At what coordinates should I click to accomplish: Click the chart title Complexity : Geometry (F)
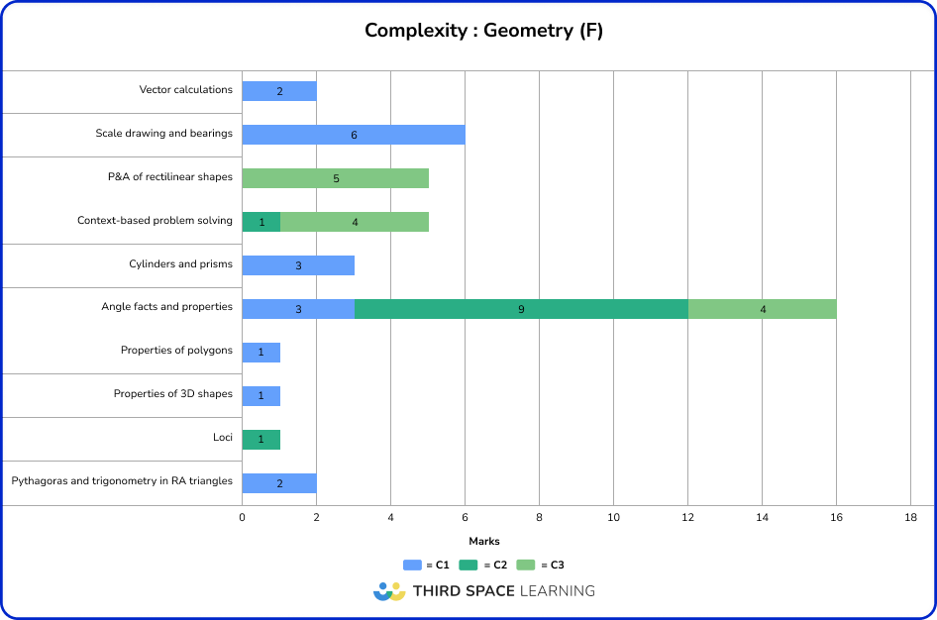(x=483, y=31)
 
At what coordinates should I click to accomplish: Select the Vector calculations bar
(x=279, y=91)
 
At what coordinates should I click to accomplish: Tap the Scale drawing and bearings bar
(x=354, y=135)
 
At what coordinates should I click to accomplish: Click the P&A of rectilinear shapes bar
(x=336, y=178)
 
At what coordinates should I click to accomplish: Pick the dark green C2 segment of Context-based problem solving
(x=261, y=222)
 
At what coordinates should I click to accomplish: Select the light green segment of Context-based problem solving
(x=355, y=222)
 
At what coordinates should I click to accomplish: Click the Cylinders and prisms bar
(x=298, y=265)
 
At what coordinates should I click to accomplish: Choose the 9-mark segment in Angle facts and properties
(x=521, y=309)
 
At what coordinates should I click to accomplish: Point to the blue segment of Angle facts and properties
(x=298, y=309)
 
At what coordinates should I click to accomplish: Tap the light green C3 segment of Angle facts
(x=763, y=309)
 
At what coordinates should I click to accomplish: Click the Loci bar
(x=261, y=440)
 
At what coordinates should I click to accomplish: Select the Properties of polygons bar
(x=261, y=353)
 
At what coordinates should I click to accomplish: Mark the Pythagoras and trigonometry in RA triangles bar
(x=279, y=483)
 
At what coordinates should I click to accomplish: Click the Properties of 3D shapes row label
(x=173, y=394)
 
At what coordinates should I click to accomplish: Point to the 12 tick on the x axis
(x=688, y=517)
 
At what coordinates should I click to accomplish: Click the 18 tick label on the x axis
(x=911, y=517)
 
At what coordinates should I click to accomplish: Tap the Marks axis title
(x=483, y=542)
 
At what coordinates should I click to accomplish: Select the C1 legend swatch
(x=412, y=566)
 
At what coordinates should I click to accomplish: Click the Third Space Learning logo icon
(x=389, y=591)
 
